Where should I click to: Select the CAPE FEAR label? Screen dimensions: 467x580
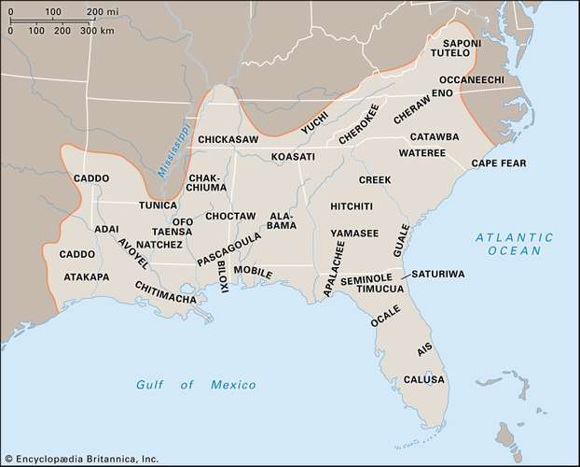[x=499, y=163]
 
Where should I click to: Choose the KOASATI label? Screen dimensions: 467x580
[x=294, y=157]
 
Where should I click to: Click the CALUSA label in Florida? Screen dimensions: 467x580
[x=424, y=380]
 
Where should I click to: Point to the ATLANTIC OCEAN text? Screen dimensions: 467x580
[x=513, y=246]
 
